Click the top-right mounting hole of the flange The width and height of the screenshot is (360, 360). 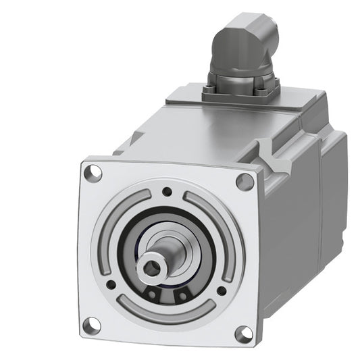click(x=242, y=180)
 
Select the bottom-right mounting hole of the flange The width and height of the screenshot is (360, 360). click(x=242, y=333)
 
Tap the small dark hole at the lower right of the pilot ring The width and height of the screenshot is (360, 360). click(x=221, y=291)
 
